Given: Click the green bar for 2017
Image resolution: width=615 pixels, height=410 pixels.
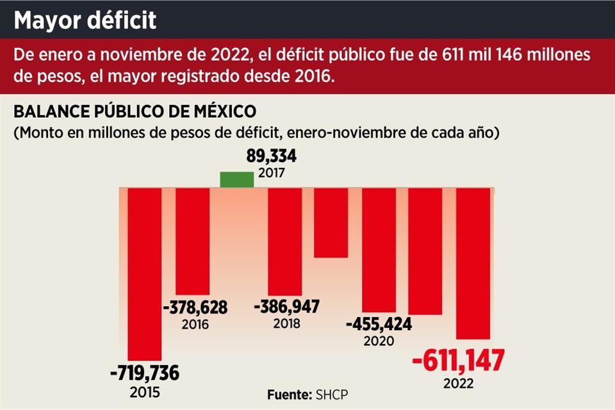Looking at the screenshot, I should [x=236, y=180].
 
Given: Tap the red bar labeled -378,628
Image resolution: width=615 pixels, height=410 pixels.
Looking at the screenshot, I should [x=192, y=241].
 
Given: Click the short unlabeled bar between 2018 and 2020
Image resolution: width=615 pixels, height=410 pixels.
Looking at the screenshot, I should [x=331, y=222].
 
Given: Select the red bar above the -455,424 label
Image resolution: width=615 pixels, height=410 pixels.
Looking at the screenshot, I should [x=379, y=250].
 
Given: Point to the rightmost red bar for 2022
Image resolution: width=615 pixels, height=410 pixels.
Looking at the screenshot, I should [x=473, y=263].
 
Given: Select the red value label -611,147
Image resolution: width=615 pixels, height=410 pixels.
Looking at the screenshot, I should [x=458, y=361].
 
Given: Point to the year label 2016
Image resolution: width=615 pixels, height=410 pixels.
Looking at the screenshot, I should [x=195, y=324].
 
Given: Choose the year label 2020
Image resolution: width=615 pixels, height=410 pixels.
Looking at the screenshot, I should [x=379, y=341].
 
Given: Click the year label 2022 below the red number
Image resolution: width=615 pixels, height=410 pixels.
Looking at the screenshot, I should [x=457, y=384].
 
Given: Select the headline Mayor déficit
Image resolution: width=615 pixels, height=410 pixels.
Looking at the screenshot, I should [x=85, y=20].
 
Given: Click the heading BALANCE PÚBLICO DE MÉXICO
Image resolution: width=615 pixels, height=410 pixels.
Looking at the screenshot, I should [x=135, y=111].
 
